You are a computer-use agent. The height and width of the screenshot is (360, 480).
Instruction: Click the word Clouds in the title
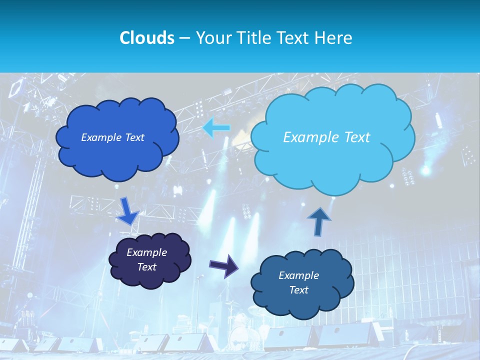147,38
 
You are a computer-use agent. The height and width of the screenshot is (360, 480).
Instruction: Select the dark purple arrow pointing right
224,265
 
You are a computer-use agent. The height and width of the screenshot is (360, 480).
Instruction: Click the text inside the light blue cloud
326,137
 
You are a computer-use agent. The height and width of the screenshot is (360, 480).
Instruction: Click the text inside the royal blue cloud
112,137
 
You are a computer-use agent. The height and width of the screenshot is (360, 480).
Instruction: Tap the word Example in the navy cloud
146,252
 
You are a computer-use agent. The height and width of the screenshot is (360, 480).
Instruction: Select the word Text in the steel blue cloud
298,290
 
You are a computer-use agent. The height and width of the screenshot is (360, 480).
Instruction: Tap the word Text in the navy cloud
146,267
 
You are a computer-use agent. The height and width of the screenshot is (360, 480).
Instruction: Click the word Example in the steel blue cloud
298,275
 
